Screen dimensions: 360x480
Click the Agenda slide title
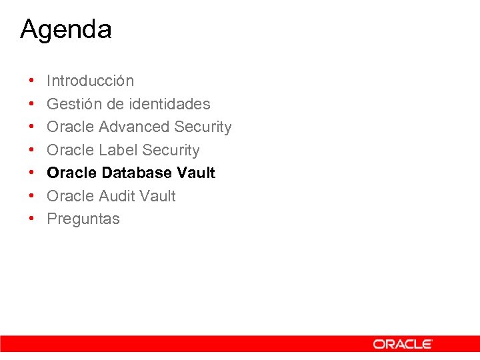tap(66, 30)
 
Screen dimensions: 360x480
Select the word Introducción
tap(90, 81)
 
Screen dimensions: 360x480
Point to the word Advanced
tap(134, 127)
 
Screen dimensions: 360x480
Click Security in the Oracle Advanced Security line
tap(203, 127)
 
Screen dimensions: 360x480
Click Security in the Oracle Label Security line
tap(171, 150)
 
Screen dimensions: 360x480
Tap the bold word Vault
tap(196, 173)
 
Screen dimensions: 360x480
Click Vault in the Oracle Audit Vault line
tap(157, 196)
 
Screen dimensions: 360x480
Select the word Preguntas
tap(83, 219)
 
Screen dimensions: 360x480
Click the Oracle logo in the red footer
tap(402, 344)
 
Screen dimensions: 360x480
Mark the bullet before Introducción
tap(32, 81)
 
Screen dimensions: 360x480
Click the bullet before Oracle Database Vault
tap(32, 173)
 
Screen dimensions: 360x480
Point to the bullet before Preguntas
tap(32, 219)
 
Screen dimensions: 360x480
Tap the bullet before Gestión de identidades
tap(32, 105)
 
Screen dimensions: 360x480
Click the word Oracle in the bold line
tap(72, 173)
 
